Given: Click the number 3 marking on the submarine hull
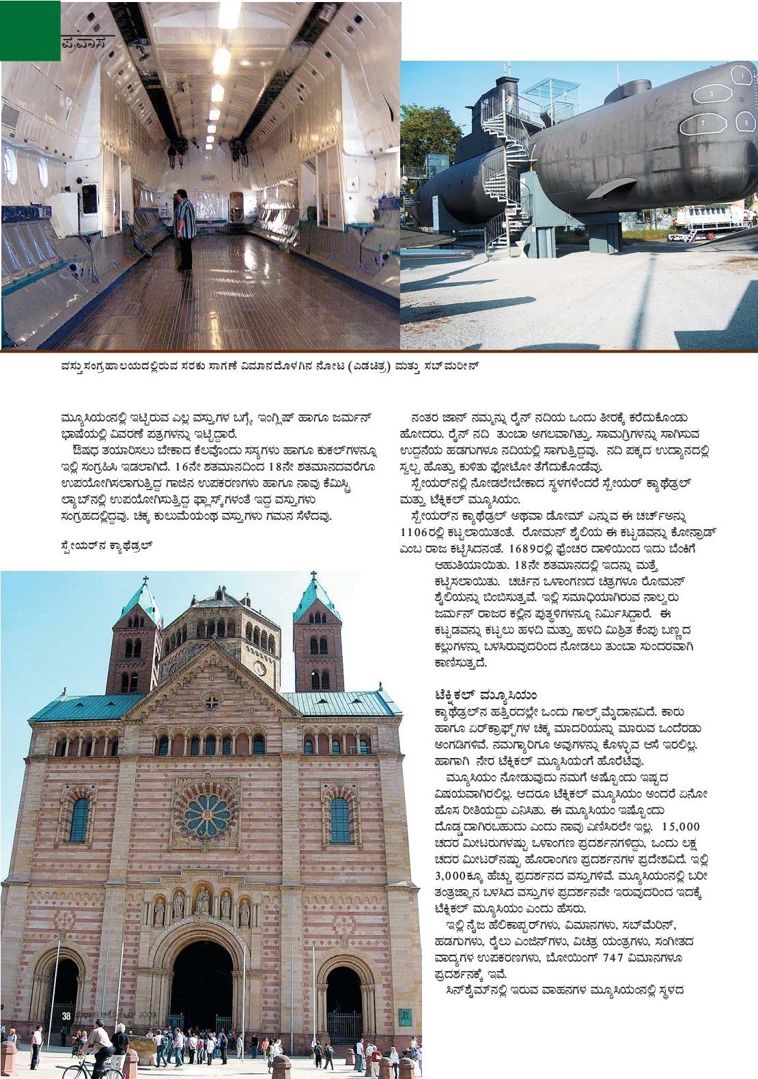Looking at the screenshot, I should click(x=712, y=92).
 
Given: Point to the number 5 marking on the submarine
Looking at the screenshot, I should click(x=746, y=120).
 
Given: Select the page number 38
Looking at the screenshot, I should click(x=66, y=1015).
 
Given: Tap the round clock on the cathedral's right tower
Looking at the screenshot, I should click(x=259, y=667).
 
